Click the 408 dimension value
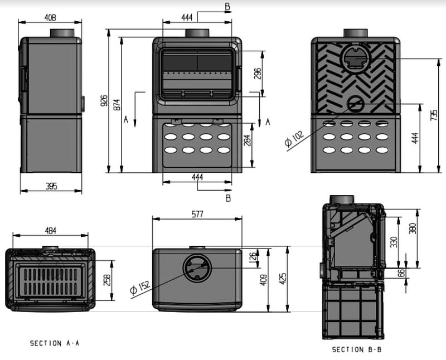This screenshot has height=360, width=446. coord(50,17)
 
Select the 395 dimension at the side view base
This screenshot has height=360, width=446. coord(50,186)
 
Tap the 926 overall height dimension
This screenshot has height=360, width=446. coord(104,100)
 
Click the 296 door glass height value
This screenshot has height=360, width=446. coord(258,74)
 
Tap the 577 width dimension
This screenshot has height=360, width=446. coord(197,214)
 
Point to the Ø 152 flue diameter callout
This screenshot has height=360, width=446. coord(140,287)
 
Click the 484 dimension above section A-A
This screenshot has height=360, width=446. coord(50,230)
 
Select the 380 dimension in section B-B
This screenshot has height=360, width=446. coord(413,229)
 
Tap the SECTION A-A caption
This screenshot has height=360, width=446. coord(55,344)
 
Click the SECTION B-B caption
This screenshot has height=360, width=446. coord(357,349)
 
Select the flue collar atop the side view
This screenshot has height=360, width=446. coord(66,33)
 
